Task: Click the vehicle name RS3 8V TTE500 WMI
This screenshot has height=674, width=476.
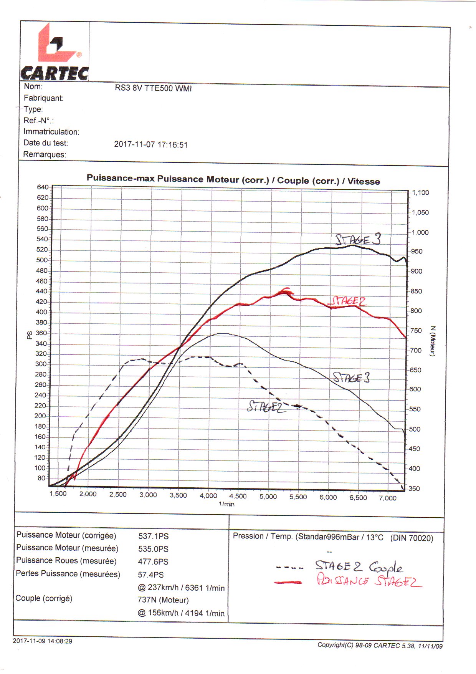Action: pos(153,88)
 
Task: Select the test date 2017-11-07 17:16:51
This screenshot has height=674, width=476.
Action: pos(150,145)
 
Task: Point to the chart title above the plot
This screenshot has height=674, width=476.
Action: pos(233,180)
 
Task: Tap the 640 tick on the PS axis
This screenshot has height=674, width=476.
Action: pos(43,187)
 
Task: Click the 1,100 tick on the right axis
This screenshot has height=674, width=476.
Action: pos(420,193)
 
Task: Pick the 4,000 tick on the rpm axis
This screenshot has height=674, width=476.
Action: pos(208,496)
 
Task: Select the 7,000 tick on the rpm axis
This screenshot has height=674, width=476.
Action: pos(388,498)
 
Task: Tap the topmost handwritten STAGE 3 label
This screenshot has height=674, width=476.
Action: pos(358,240)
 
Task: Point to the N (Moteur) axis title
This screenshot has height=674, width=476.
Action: pos(433,341)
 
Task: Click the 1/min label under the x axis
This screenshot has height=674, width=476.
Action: pos(226,504)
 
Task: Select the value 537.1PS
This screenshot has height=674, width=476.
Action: pos(154,536)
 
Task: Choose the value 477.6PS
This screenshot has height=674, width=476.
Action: pos(153,561)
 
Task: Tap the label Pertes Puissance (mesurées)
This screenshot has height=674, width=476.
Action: pos(68,574)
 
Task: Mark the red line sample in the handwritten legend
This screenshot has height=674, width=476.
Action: pos(288,583)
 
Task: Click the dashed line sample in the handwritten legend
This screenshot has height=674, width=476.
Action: pos(289,567)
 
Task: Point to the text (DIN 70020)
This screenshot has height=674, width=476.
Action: pos(412,538)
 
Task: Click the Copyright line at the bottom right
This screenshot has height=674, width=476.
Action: pos(380,646)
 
